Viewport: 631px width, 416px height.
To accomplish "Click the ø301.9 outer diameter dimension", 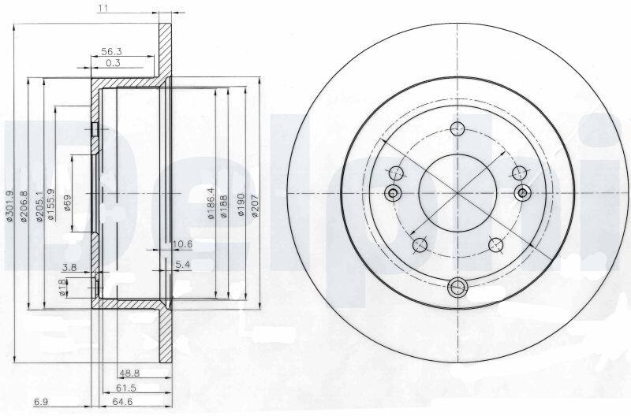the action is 10,206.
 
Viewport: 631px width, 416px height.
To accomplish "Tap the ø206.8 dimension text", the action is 24,206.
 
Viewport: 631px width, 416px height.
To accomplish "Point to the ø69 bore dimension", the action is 67,203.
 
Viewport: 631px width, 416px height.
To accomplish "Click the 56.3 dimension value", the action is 111,51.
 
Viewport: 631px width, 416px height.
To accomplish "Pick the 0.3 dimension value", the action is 113,63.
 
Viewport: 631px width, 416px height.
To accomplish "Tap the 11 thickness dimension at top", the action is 103,8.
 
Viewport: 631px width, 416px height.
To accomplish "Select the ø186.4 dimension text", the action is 211,203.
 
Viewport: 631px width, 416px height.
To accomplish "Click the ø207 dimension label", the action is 254,206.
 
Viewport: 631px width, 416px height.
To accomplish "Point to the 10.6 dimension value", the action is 182,244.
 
